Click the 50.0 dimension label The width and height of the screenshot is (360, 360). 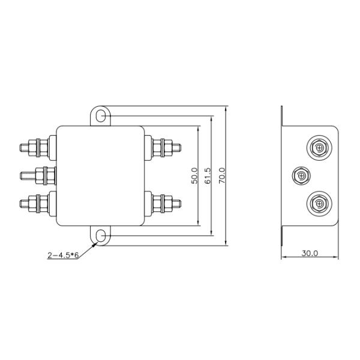click(194, 176)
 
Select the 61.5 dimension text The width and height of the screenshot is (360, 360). click(208, 176)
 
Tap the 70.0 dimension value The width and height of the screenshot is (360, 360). click(222, 176)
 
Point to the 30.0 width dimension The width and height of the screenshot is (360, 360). click(310, 253)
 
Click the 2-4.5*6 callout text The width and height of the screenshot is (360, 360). click(63, 255)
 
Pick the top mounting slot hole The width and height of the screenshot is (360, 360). click(100, 116)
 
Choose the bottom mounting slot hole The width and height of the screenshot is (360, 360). click(100, 236)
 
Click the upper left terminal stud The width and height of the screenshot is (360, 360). click(35, 147)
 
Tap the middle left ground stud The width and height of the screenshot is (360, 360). click(38, 176)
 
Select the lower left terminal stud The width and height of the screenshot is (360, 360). click(35, 203)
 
